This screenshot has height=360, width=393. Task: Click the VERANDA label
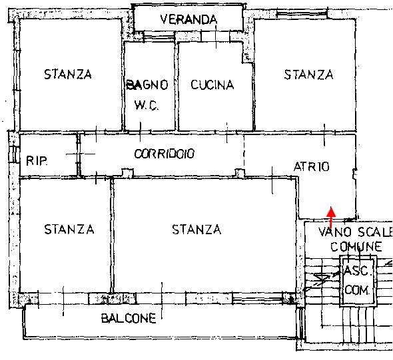click(x=189, y=19)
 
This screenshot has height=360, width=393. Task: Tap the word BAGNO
click(x=147, y=85)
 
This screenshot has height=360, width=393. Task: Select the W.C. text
click(x=147, y=105)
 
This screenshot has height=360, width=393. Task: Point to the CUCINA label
click(x=212, y=85)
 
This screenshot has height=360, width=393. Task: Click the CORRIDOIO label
click(x=164, y=154)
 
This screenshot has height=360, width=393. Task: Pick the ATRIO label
click(x=312, y=166)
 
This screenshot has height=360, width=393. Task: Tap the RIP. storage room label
click(x=37, y=161)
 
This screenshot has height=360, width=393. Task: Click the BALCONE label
click(x=129, y=319)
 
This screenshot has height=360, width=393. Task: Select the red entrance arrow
click(x=331, y=218)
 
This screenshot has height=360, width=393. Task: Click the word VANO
click(x=334, y=232)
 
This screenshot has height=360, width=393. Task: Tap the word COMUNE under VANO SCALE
click(x=356, y=247)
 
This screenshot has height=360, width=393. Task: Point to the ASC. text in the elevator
click(x=356, y=270)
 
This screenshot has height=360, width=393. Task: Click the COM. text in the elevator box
click(x=357, y=290)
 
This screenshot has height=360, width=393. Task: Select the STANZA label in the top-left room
click(x=68, y=75)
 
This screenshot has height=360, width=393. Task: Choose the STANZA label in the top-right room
click(x=308, y=75)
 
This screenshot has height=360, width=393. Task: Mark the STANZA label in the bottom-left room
click(x=69, y=230)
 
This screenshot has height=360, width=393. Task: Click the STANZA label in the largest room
click(x=196, y=230)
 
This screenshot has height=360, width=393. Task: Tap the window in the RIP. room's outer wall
click(x=15, y=155)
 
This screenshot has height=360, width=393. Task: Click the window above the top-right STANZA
click(x=302, y=13)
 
